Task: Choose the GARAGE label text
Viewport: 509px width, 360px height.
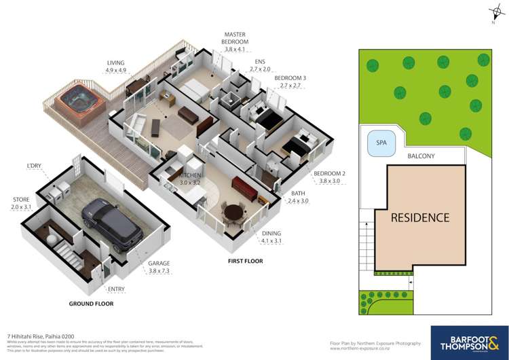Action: (x=160, y=263)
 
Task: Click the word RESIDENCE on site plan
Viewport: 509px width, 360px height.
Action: (x=419, y=218)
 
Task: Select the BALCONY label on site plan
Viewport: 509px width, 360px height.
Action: (x=426, y=156)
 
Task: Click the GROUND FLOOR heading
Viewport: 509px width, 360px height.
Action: (x=90, y=304)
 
